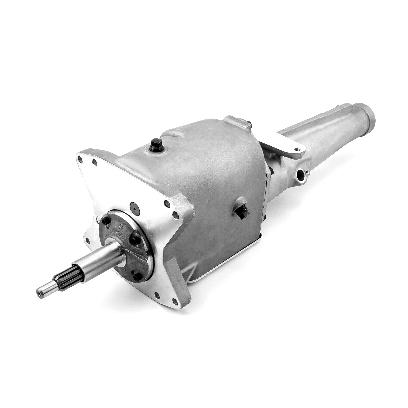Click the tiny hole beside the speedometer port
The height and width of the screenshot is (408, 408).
click(x=307, y=174)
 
